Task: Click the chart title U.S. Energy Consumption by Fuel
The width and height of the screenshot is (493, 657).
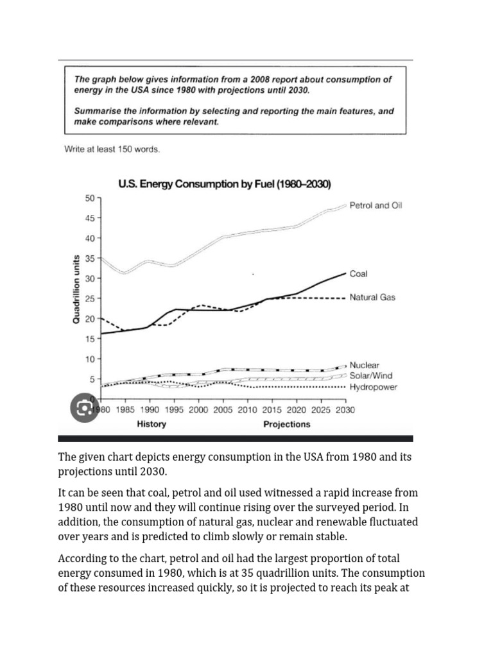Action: [x=224, y=184]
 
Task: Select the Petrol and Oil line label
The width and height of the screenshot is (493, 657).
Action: [x=376, y=205]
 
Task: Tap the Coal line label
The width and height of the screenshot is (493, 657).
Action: [x=359, y=273]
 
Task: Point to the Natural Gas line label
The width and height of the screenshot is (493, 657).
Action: [x=372, y=298]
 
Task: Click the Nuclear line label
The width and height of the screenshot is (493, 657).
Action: [x=364, y=365]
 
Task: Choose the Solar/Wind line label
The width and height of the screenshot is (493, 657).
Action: [x=370, y=375]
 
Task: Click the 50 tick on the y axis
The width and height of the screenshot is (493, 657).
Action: [x=89, y=198]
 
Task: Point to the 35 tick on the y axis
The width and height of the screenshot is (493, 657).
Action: [x=89, y=259]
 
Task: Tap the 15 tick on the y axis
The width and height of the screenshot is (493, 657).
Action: [x=89, y=339]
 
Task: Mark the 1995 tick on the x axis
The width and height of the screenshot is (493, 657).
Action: [x=173, y=409]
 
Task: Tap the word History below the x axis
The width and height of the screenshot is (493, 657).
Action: [x=151, y=424]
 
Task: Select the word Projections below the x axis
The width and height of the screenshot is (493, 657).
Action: [x=287, y=424]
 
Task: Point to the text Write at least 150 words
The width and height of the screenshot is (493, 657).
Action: [x=112, y=149]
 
